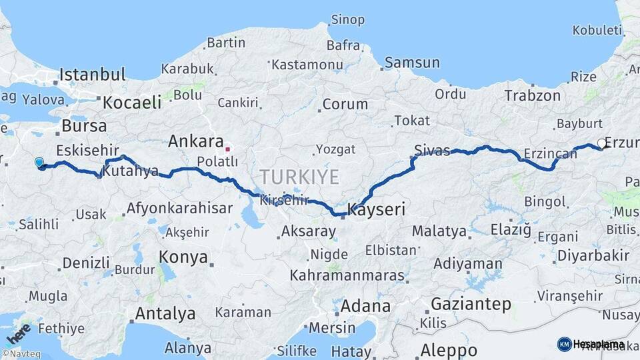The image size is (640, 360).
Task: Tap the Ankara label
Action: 195,141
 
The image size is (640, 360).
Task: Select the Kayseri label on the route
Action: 377,210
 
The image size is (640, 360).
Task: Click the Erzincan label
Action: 550,153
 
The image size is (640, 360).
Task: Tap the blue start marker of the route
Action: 39,162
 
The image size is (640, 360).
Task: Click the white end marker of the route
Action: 602,143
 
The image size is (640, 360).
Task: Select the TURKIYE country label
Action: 299,177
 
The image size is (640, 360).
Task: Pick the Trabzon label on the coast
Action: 532,95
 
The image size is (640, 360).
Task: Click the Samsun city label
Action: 412,63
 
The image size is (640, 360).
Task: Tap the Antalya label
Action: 165,313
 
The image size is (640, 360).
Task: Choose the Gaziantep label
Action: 471,304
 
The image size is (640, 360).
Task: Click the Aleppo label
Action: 449,350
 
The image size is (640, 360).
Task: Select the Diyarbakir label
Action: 593,255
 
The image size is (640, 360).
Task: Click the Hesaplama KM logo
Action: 591,344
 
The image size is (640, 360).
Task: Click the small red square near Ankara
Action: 227,149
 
